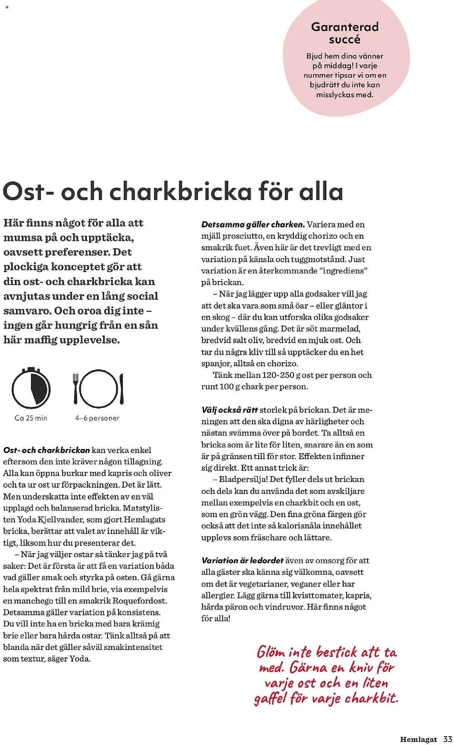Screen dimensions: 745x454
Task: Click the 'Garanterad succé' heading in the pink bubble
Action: pos(345,33)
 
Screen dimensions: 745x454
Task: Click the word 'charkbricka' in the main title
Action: pos(180,191)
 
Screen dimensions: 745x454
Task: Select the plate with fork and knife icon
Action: pos(98,389)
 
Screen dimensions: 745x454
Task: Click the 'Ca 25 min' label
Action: pos(31,418)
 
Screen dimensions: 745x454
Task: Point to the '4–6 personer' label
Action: pos(97,418)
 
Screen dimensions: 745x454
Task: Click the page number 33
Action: pos(447,739)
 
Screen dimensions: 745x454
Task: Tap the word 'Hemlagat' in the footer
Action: pos(418,739)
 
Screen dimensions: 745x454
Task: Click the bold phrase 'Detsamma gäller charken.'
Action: pos(253,224)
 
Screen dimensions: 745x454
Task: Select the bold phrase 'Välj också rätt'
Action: pos(229,410)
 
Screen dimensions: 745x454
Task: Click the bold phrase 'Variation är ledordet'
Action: pos(242,560)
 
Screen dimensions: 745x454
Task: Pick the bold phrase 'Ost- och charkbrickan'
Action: pos(47,450)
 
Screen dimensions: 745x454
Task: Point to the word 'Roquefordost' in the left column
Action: pos(139,600)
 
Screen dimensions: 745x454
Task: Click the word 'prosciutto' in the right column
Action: pos(242,236)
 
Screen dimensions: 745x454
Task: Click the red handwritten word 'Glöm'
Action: pos(271,652)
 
